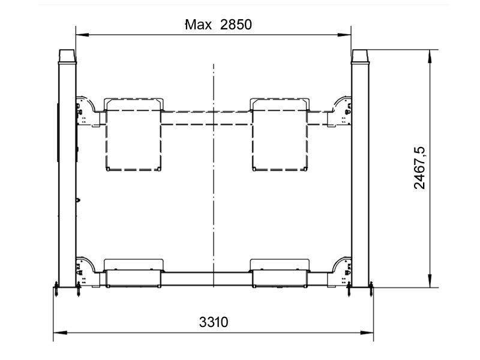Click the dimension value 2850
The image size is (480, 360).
coord(236,25)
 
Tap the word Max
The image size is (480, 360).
coord(199,25)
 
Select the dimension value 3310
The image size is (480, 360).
coord(214,322)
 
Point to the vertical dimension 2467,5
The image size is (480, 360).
coord(419,168)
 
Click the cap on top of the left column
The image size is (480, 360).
coord(67,56)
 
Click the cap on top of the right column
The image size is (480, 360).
coord(360,56)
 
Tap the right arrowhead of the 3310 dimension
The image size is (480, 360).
coord(367,332)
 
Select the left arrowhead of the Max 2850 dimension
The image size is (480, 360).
coord(82,35)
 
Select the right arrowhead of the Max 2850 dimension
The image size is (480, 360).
coord(344,35)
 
